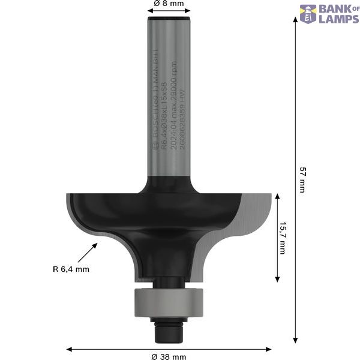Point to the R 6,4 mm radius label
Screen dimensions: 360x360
click(x=70, y=269)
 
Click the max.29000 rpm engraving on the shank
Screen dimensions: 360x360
click(x=174, y=78)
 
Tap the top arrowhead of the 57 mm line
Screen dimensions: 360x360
click(x=295, y=19)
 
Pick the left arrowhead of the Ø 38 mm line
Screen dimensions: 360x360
click(x=68, y=349)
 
